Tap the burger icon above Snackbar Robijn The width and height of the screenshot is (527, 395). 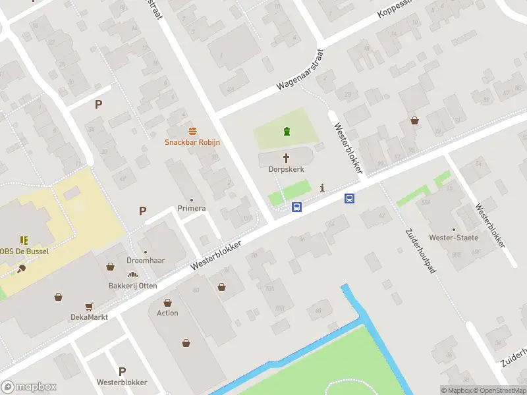192,130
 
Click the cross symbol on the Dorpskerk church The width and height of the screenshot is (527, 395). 287,158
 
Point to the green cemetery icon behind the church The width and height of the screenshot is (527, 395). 287,132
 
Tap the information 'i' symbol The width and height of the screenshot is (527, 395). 322,188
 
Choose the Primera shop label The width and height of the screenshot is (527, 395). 192,209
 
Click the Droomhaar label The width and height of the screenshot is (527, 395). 146,261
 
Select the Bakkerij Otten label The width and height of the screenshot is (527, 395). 133,286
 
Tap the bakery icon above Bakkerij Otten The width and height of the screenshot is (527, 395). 132,275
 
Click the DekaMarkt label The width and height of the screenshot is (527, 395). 89,317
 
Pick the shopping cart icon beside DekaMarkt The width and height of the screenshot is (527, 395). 89,306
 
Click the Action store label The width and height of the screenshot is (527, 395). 167,313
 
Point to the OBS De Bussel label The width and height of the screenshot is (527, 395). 25,251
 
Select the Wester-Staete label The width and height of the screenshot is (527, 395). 454,238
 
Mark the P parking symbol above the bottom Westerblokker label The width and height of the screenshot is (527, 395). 122,371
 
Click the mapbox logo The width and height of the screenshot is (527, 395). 28,387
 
